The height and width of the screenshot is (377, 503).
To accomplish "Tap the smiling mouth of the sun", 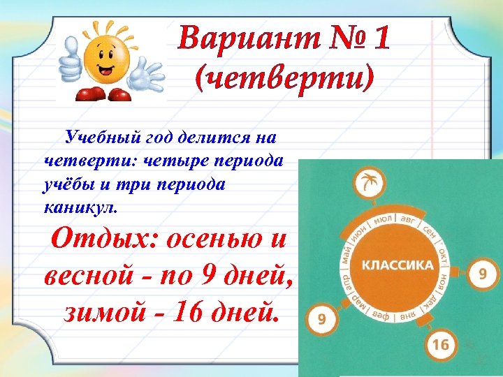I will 106,69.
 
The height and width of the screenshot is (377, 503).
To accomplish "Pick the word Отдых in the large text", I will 103,239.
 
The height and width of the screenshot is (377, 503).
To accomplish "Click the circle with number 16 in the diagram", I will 440,344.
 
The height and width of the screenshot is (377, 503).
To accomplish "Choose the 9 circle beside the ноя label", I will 482,273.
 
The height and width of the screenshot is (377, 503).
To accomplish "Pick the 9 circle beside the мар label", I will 322,320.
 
